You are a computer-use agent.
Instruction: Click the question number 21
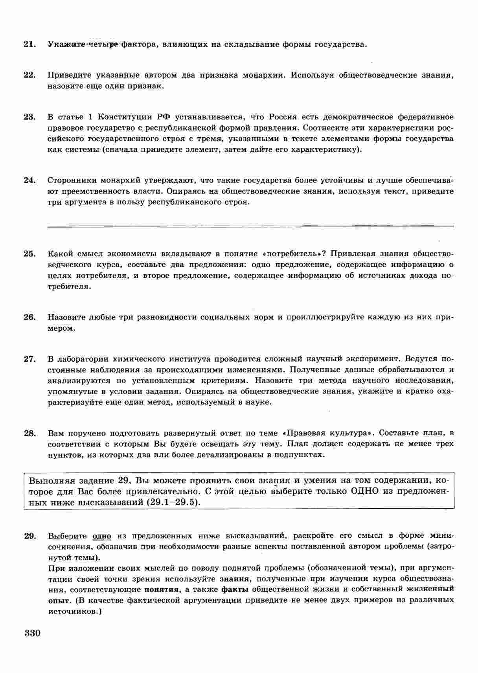point(30,44)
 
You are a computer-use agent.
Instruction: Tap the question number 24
point(30,180)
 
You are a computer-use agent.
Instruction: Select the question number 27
point(30,359)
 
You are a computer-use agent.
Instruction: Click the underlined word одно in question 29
point(102,536)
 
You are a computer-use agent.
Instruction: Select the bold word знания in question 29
point(235,579)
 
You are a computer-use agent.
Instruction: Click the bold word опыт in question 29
point(59,600)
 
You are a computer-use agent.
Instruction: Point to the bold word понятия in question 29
point(161,589)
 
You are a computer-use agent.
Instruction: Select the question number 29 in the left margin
point(30,536)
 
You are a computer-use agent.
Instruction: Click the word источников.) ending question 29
point(75,612)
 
